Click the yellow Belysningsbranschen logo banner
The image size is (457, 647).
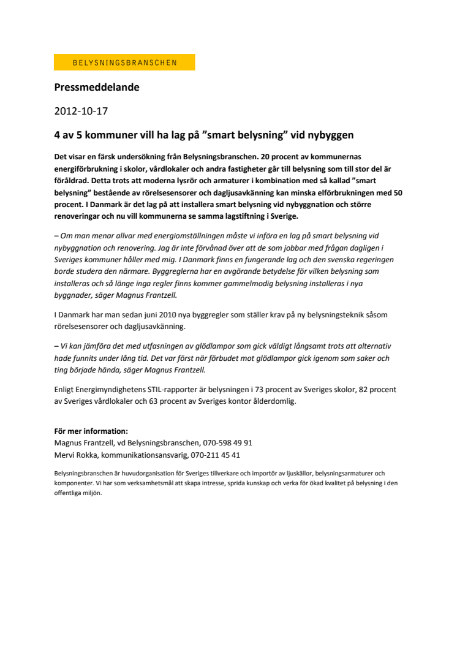point(124,62)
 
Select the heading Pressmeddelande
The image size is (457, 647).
point(97,87)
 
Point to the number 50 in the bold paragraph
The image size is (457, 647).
point(396,192)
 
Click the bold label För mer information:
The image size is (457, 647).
point(91,431)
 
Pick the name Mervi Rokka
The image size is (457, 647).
point(76,455)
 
